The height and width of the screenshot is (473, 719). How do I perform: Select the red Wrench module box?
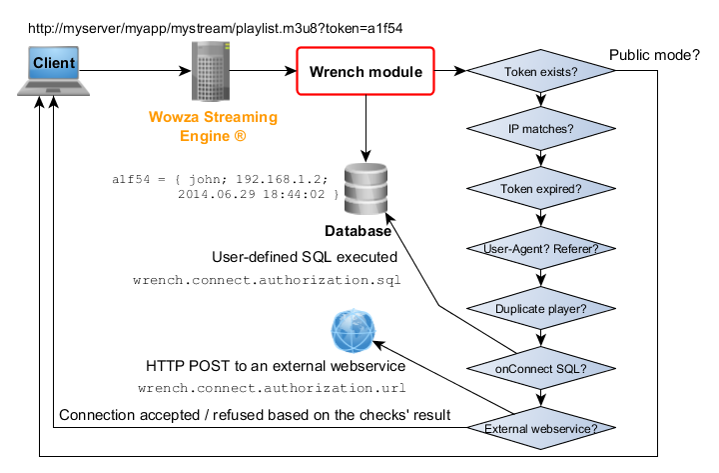tap(364, 71)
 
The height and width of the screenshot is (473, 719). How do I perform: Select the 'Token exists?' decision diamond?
tap(540, 72)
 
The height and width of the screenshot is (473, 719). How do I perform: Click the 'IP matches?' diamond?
tap(540, 130)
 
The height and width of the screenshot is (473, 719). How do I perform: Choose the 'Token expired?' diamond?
tap(540, 188)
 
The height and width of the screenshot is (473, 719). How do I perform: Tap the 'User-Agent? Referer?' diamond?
tap(540, 247)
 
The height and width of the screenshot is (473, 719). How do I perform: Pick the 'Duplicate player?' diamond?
tap(540, 308)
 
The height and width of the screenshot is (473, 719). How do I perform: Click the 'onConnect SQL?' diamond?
tap(540, 369)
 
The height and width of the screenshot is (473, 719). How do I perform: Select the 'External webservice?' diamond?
tap(540, 429)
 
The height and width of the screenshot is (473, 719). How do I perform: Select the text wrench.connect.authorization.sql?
tap(267, 281)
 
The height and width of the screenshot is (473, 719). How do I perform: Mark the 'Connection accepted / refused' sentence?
tap(255, 414)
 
